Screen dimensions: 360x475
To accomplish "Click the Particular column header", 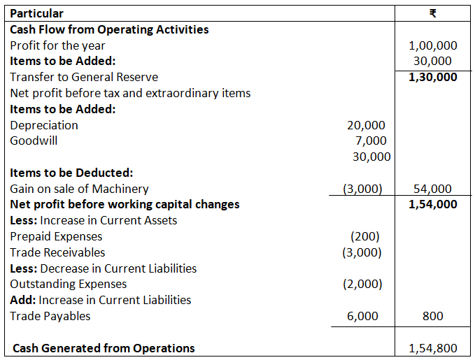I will tap(36, 13).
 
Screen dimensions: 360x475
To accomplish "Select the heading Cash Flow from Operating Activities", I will tap(109, 29).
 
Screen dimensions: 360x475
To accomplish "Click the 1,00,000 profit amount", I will tap(433, 45).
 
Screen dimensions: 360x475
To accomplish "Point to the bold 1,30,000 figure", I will tap(433, 77).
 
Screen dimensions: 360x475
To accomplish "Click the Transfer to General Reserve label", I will tap(84, 77).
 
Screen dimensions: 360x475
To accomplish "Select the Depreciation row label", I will tap(44, 125).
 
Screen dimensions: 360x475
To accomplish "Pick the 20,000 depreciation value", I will tap(366, 125).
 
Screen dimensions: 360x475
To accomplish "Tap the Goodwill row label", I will tap(34, 141).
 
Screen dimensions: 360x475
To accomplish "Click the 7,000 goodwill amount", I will tap(371, 141).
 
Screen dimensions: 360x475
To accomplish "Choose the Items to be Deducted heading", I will tap(71, 173).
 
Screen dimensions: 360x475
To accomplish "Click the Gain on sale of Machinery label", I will tap(79, 189).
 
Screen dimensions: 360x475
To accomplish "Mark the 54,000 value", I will tap(433, 189).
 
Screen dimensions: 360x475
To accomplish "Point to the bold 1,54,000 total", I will tap(433, 204).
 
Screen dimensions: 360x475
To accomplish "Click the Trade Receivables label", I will tap(57, 252).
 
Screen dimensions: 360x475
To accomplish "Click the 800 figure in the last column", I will tap(433, 316).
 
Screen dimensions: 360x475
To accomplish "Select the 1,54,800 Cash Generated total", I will tap(433, 348).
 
